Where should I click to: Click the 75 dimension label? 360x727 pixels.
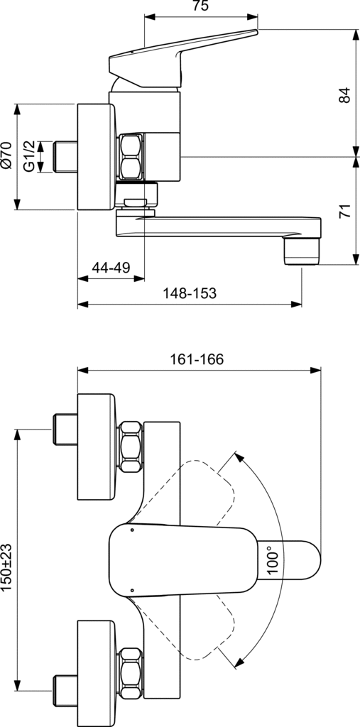202,6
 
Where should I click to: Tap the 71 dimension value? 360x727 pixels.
344,212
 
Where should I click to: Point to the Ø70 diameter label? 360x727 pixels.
6,157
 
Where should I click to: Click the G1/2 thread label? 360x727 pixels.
29,157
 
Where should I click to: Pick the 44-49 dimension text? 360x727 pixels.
111,268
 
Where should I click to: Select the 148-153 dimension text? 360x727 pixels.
190,293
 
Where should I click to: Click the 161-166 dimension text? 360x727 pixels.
196,359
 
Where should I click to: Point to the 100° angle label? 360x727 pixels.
273,560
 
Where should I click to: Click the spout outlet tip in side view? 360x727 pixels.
302,252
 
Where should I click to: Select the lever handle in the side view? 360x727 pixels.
182,58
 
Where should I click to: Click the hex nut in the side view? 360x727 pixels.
131,157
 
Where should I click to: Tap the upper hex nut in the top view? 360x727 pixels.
131,447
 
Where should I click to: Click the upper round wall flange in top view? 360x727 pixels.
96,447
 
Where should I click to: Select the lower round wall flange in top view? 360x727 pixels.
96,673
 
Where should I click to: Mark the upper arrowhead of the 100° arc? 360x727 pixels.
239,457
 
